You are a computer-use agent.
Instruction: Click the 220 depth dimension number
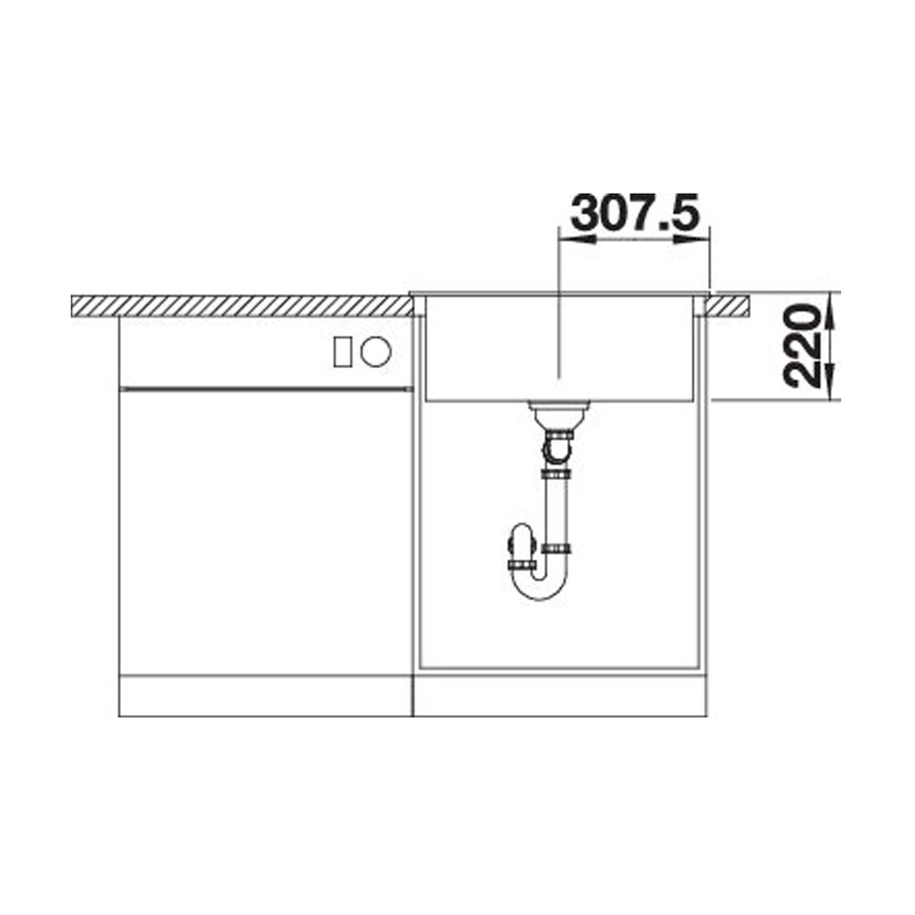(x=802, y=346)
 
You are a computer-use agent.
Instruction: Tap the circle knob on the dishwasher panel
(x=375, y=351)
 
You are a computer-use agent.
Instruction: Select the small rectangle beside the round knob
(x=342, y=351)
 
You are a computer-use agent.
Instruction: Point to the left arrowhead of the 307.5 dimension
(x=576, y=239)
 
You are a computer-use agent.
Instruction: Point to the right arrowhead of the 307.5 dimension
(x=692, y=239)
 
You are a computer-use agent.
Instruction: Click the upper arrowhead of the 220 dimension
(x=831, y=310)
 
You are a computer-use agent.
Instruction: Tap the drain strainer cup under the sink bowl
(x=558, y=414)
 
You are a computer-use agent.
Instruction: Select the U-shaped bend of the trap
(x=540, y=587)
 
